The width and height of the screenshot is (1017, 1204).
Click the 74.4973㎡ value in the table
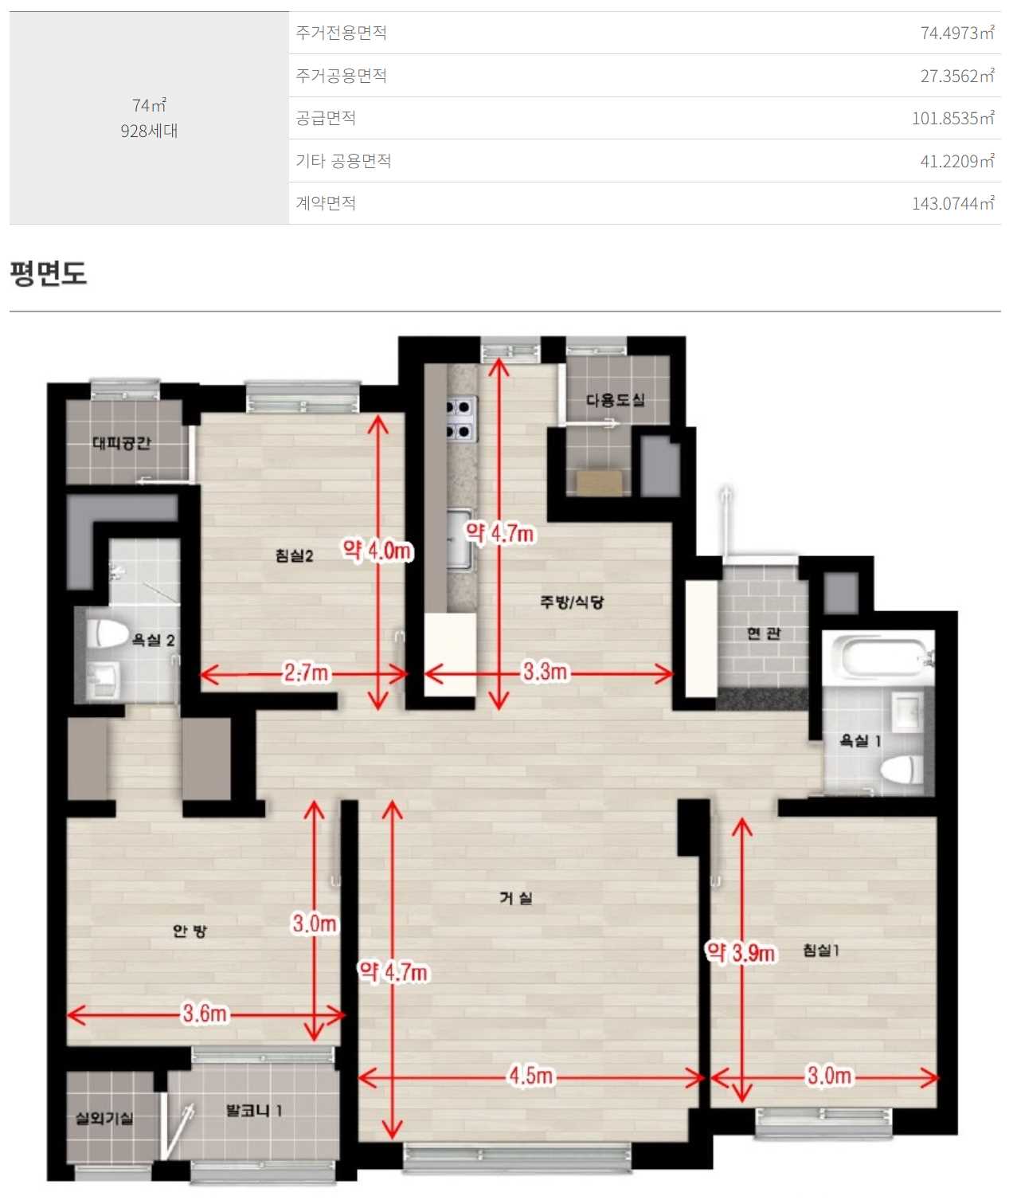[x=957, y=33]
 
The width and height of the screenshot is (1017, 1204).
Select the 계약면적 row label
[x=326, y=203]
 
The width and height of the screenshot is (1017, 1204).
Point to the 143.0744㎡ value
[x=953, y=203]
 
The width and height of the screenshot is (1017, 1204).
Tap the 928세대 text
[x=149, y=131]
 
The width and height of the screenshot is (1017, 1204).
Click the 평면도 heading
[x=49, y=273]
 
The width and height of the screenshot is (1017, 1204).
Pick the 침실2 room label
[x=294, y=556]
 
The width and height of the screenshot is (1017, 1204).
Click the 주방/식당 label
[x=571, y=602]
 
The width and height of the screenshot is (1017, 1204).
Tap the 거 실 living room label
[x=515, y=898]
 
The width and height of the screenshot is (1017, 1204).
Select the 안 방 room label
[x=190, y=931]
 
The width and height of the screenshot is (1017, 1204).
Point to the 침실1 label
[x=821, y=951]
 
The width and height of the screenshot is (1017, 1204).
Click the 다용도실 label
[x=615, y=400]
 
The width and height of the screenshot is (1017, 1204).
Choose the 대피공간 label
[x=122, y=443]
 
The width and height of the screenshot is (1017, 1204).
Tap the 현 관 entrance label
[x=763, y=633]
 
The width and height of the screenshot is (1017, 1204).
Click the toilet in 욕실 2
[x=108, y=633]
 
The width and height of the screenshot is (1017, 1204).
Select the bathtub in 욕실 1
[x=877, y=654]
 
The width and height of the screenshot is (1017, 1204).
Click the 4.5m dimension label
[x=530, y=1076]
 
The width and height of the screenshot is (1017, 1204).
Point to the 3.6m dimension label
[x=205, y=1013]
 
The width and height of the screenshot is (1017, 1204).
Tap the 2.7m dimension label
[x=306, y=673]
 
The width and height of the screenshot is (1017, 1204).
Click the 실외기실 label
[x=104, y=1118]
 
